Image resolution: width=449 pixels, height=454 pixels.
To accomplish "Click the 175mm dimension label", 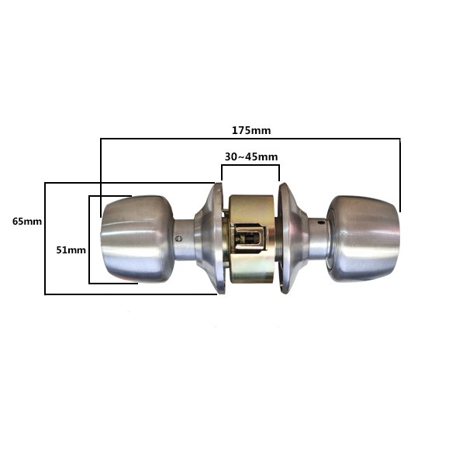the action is [251, 131].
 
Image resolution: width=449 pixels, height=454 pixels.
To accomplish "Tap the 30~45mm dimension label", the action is [251, 157].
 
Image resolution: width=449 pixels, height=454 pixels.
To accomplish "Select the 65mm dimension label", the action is [27, 222].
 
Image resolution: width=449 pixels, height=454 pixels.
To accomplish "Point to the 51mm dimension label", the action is [71, 250].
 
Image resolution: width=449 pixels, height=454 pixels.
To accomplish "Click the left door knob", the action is [138, 239].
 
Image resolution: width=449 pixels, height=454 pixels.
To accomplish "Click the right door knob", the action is [364, 239].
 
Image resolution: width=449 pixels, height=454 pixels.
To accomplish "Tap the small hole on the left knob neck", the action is [179, 239].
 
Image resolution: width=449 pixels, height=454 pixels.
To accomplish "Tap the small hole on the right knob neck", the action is [319, 223].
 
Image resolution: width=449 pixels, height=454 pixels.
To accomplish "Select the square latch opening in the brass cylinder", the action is [248, 239].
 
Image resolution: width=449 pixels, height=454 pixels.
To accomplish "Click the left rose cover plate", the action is [209, 239].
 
